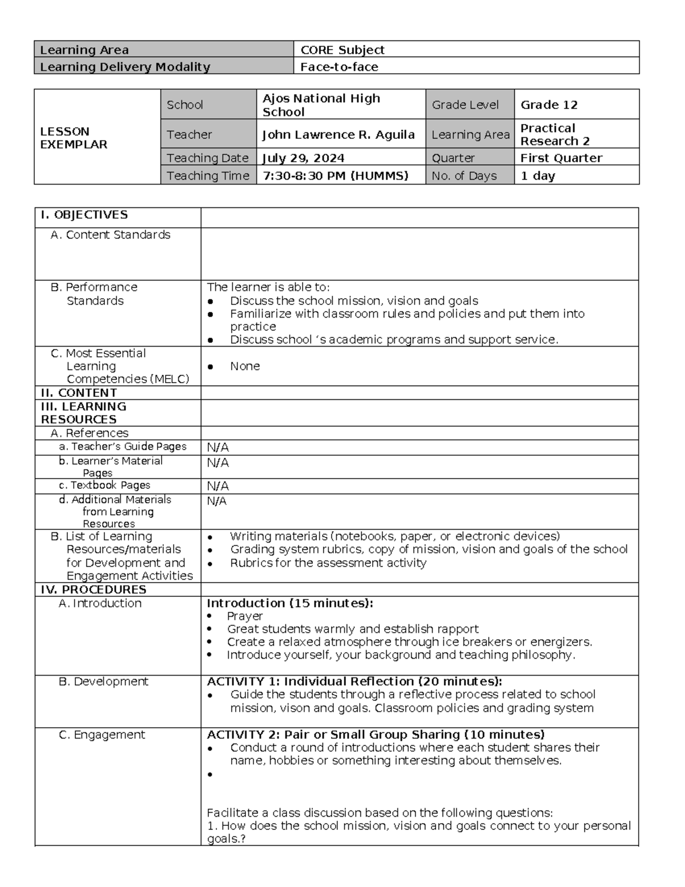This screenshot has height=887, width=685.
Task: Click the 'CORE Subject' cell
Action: coord(342,50)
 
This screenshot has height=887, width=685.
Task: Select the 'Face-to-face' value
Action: coord(340,67)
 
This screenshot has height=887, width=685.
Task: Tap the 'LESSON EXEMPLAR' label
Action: coord(74,138)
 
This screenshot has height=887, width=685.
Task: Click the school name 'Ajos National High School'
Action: coord(321,105)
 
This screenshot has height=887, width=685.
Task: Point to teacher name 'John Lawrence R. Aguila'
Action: coord(338,135)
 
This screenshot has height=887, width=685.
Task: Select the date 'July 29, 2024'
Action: coord(303,158)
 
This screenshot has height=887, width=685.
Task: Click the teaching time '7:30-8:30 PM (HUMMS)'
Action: coord(335,176)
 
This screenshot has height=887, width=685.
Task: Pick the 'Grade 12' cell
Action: coord(549,105)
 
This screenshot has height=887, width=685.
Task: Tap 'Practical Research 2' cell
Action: coord(554,135)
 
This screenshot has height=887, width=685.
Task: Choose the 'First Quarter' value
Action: coord(561,158)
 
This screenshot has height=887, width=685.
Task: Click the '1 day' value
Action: coord(537,176)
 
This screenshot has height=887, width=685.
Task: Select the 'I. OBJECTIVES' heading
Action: coord(84,215)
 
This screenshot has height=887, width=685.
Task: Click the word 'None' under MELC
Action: coord(245,366)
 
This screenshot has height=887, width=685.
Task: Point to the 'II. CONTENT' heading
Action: coord(79,393)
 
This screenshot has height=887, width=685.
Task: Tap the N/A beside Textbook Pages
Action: coord(217,486)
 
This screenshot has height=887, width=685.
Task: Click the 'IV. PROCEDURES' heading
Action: coord(94,589)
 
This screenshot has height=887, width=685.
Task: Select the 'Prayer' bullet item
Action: coord(244,616)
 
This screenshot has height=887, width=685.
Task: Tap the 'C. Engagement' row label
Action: coord(102,735)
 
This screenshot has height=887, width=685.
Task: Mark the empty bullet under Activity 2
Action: coord(210,774)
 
